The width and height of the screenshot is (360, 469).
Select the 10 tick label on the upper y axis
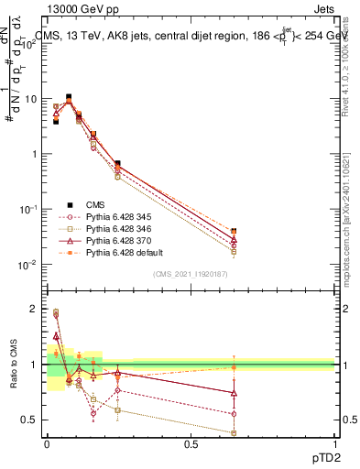tap(32, 99)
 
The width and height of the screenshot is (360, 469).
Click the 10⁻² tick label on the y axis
tap(29, 265)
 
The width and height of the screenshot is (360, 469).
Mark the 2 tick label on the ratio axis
tap(35, 309)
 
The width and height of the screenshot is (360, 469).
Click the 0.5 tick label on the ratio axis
tap(31, 420)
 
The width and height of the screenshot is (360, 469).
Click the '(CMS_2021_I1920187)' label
tap(190, 274)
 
